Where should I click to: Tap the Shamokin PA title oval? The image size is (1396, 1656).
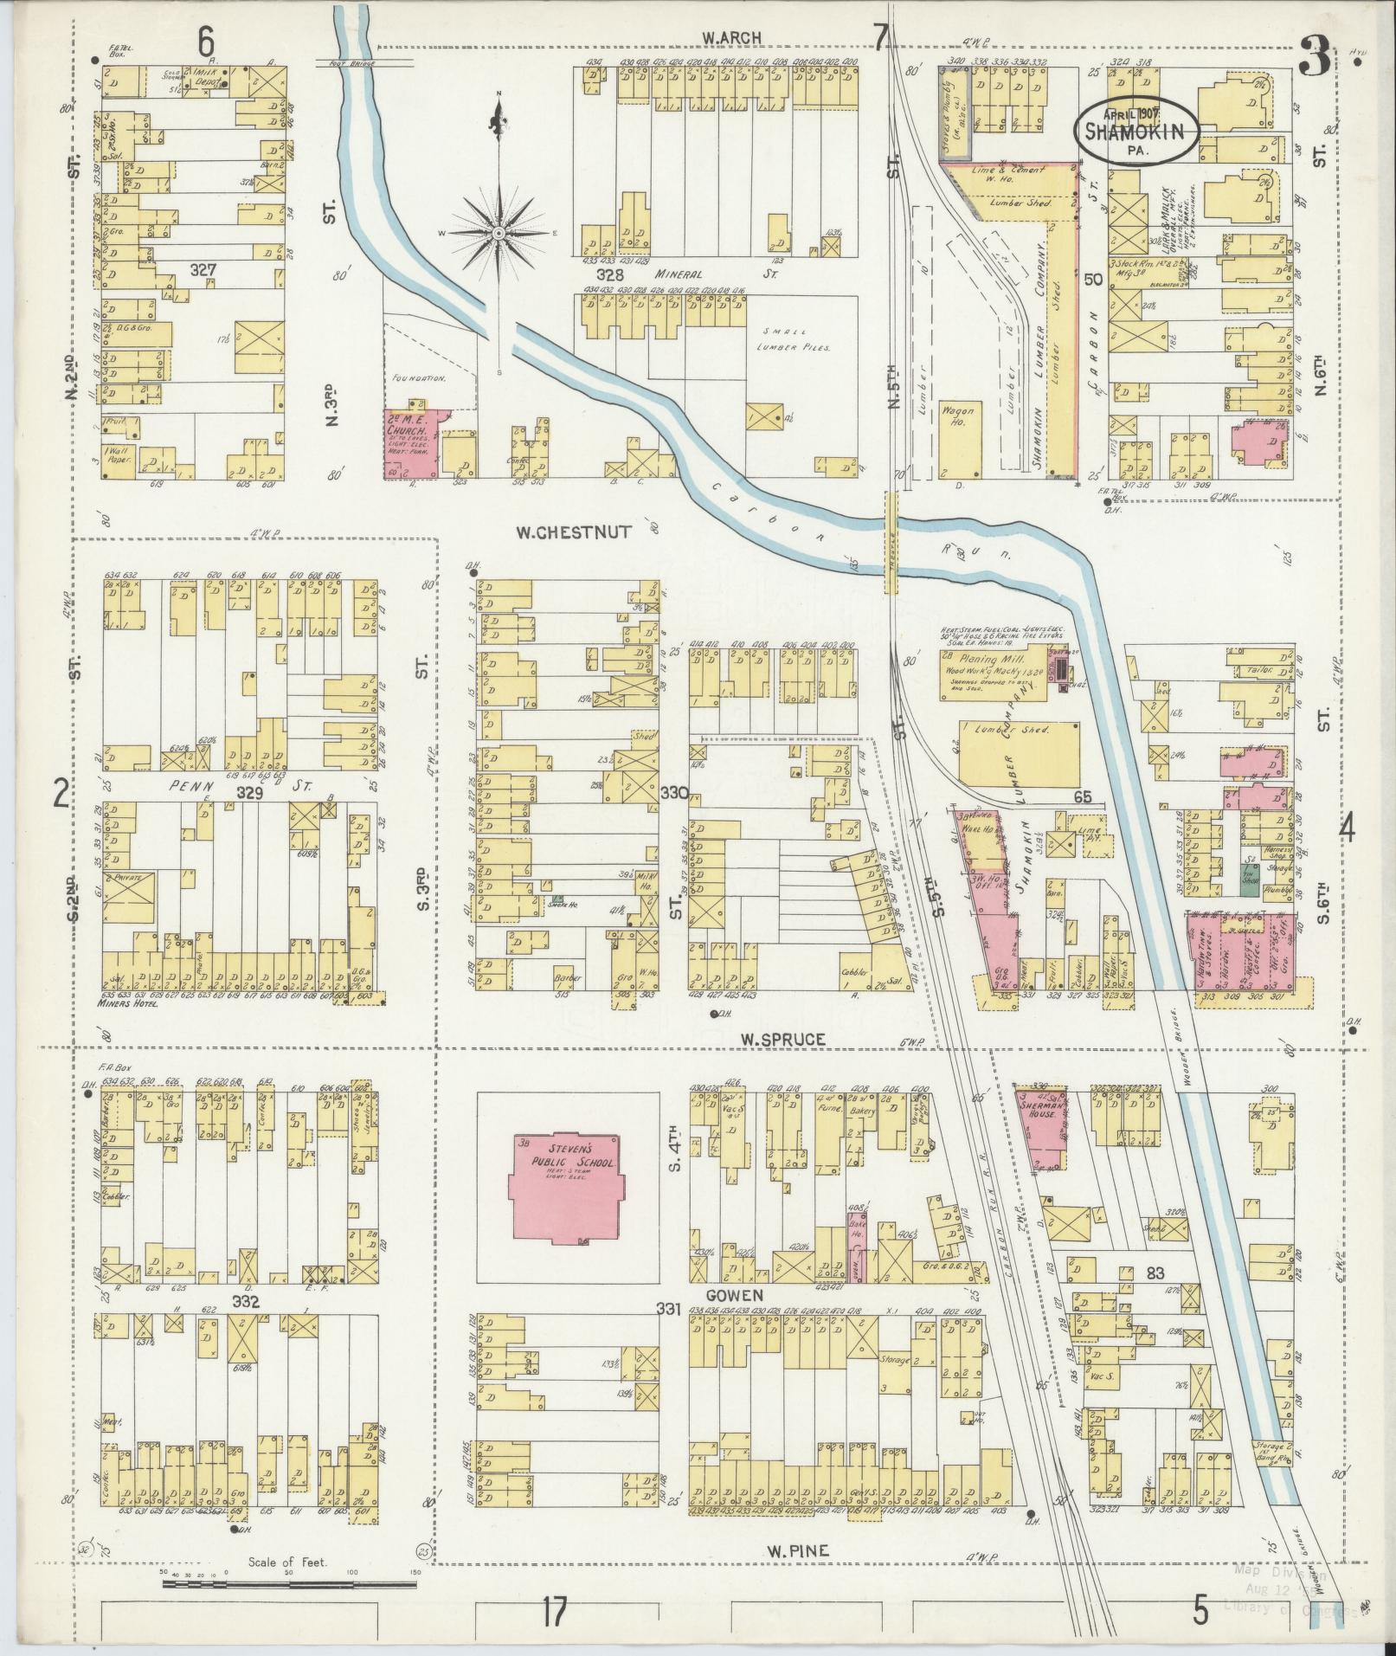(x=1137, y=129)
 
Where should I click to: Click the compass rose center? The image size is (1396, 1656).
(x=499, y=234)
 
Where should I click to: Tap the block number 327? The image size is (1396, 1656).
(x=204, y=271)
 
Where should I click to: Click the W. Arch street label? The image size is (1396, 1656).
(x=731, y=36)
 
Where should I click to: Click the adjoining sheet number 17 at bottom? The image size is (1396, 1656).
(x=555, y=1612)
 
